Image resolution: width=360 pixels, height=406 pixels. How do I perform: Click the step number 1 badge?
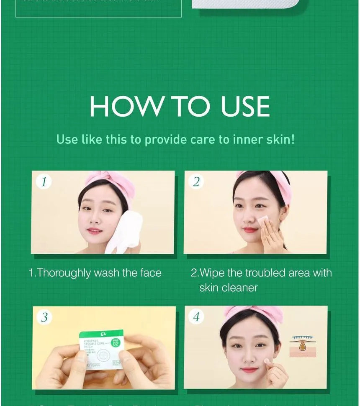tap(44, 182)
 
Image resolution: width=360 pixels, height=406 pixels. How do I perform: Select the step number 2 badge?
tap(196, 182)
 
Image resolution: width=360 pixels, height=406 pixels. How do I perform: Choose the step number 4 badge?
tap(196, 317)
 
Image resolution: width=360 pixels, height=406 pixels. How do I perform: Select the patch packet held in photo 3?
tap(101, 349)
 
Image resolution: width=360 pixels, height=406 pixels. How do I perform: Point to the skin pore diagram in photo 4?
tap(303, 347)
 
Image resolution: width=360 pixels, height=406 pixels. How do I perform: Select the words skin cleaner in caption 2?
tap(228, 288)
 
